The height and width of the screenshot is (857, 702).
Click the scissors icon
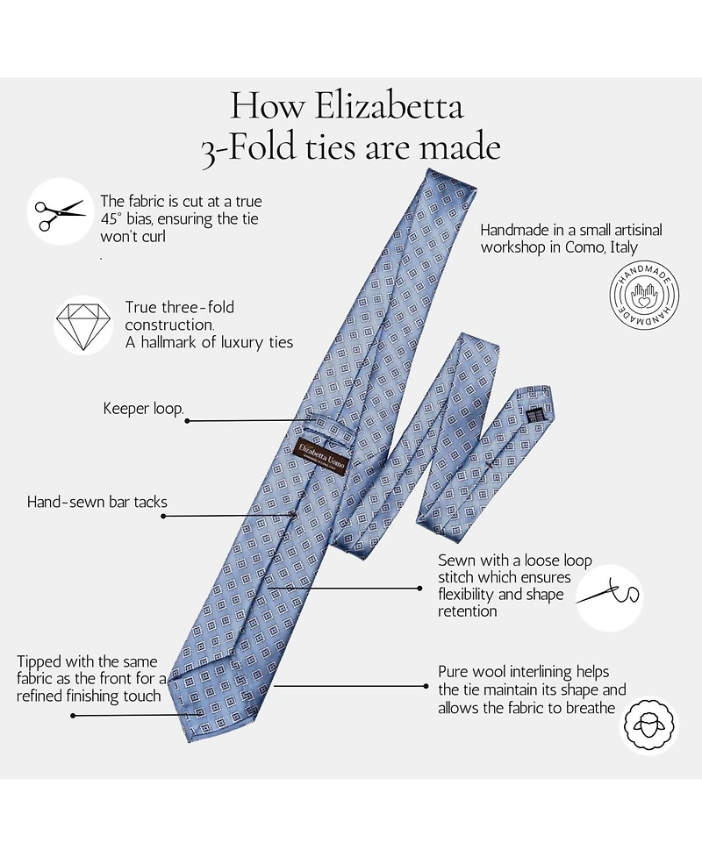[x=60, y=211]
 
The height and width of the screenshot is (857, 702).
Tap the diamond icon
[x=82, y=324]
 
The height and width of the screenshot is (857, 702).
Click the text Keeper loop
[x=143, y=409]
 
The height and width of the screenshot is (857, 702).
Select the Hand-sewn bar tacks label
[x=97, y=503]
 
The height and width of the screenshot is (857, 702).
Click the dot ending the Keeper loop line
[x=188, y=421]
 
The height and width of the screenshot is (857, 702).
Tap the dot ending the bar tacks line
[x=163, y=516]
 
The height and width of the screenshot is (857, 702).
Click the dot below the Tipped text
[x=74, y=716]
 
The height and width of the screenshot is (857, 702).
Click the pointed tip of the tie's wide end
[x=195, y=742]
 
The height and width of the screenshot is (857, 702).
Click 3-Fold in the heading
[x=247, y=149]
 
